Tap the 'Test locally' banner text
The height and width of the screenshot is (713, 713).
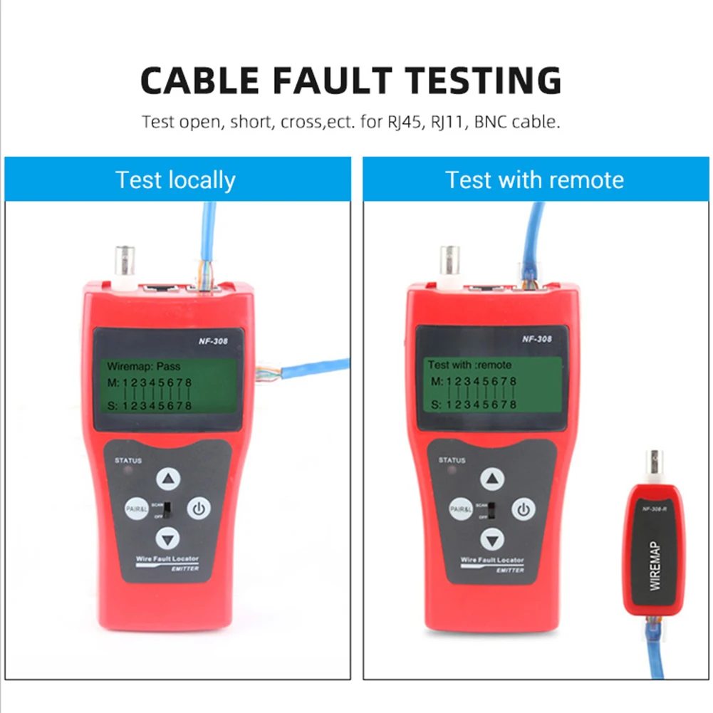click(175, 179)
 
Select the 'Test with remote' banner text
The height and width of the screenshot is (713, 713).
click(534, 179)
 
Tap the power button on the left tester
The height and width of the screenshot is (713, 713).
click(199, 509)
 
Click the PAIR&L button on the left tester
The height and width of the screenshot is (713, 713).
click(136, 509)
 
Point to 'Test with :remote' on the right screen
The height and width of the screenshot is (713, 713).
click(469, 365)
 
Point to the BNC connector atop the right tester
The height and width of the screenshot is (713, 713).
click(449, 262)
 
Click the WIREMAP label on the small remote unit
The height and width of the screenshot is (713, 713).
click(656, 566)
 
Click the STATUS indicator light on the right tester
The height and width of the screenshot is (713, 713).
click(445, 471)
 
